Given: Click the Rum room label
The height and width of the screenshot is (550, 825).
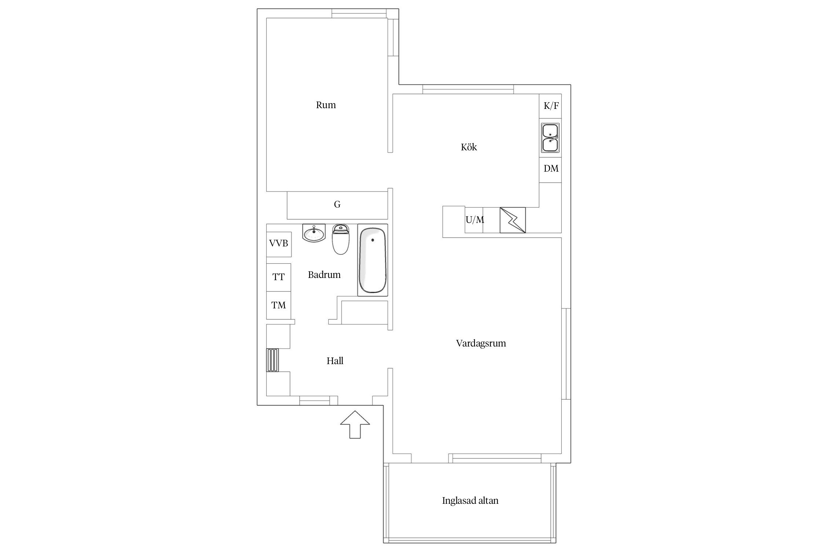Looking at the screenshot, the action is pyautogui.click(x=326, y=105).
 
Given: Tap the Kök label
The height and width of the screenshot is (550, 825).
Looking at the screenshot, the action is pyautogui.click(x=469, y=147).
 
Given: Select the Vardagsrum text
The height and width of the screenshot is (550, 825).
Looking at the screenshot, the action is pyautogui.click(x=481, y=344).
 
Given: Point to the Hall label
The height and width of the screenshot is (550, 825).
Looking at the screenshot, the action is pyautogui.click(x=335, y=361).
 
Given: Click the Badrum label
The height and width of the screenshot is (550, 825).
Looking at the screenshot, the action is pyautogui.click(x=324, y=275).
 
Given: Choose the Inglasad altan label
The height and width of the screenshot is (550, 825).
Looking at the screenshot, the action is pyautogui.click(x=470, y=500).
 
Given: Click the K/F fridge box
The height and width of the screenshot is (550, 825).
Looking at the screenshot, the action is pyautogui.click(x=550, y=106).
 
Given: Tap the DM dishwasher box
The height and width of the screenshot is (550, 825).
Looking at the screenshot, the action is pyautogui.click(x=550, y=169).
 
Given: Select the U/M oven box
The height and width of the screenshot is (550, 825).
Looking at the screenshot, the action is pyautogui.click(x=474, y=220).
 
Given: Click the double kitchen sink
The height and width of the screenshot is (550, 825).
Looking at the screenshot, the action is pyautogui.click(x=550, y=138).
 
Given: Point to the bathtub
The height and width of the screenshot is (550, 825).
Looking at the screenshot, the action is pyautogui.click(x=373, y=260).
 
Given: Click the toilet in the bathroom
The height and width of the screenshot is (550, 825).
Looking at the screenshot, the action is pyautogui.click(x=341, y=239).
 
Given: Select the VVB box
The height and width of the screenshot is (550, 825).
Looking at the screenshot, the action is pyautogui.click(x=279, y=244).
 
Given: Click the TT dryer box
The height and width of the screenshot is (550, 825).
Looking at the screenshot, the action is pyautogui.click(x=278, y=277).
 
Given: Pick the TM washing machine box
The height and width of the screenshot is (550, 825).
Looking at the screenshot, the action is pyautogui.click(x=278, y=305).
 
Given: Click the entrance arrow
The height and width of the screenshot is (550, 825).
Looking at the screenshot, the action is pyautogui.click(x=355, y=424).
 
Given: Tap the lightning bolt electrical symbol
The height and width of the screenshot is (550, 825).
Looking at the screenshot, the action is pyautogui.click(x=513, y=220).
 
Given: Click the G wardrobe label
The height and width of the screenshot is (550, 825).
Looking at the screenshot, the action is pyautogui.click(x=337, y=205).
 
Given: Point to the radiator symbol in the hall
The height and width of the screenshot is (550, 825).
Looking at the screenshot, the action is pyautogui.click(x=272, y=360).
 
